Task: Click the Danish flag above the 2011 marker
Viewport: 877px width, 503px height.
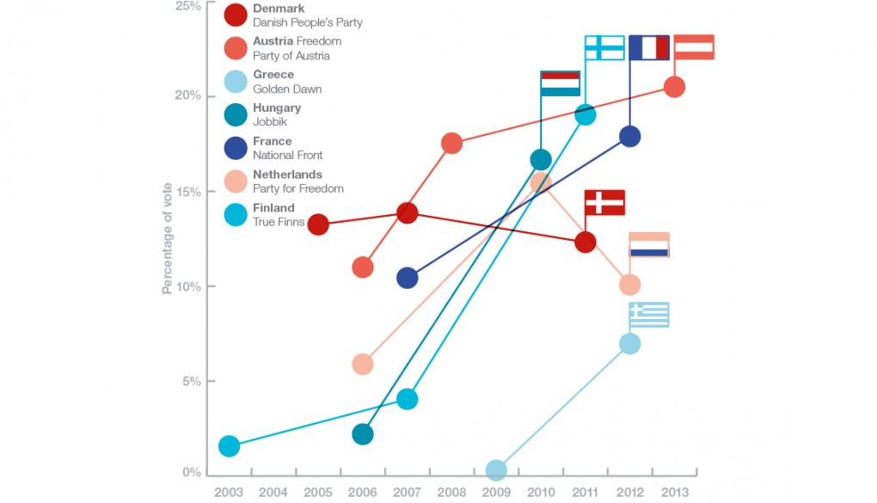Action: (604, 203)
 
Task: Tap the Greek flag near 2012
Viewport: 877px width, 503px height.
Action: (649, 315)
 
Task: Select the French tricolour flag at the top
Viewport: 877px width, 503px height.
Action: (649, 47)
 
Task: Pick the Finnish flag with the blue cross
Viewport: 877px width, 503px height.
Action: (604, 47)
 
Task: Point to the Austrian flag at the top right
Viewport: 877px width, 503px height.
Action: (694, 47)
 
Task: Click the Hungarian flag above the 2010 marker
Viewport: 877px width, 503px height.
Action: (560, 83)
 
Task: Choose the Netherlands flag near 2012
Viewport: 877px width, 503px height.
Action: (649, 245)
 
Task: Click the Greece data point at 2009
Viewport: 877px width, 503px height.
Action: (496, 470)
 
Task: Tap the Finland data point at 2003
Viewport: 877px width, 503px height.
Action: (229, 445)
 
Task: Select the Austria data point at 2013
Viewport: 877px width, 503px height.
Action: (675, 87)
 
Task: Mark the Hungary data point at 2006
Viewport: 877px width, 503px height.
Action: (363, 434)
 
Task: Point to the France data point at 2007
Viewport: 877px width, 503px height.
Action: (408, 278)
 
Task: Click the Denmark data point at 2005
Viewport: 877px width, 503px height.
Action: (318, 224)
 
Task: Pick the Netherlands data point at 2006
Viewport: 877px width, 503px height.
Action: (363, 365)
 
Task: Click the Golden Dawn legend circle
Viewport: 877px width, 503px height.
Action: (236, 82)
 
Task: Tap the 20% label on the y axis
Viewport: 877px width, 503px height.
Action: (189, 95)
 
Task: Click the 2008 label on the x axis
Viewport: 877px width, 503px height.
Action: (451, 493)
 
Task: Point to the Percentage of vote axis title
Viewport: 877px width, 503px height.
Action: (168, 238)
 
